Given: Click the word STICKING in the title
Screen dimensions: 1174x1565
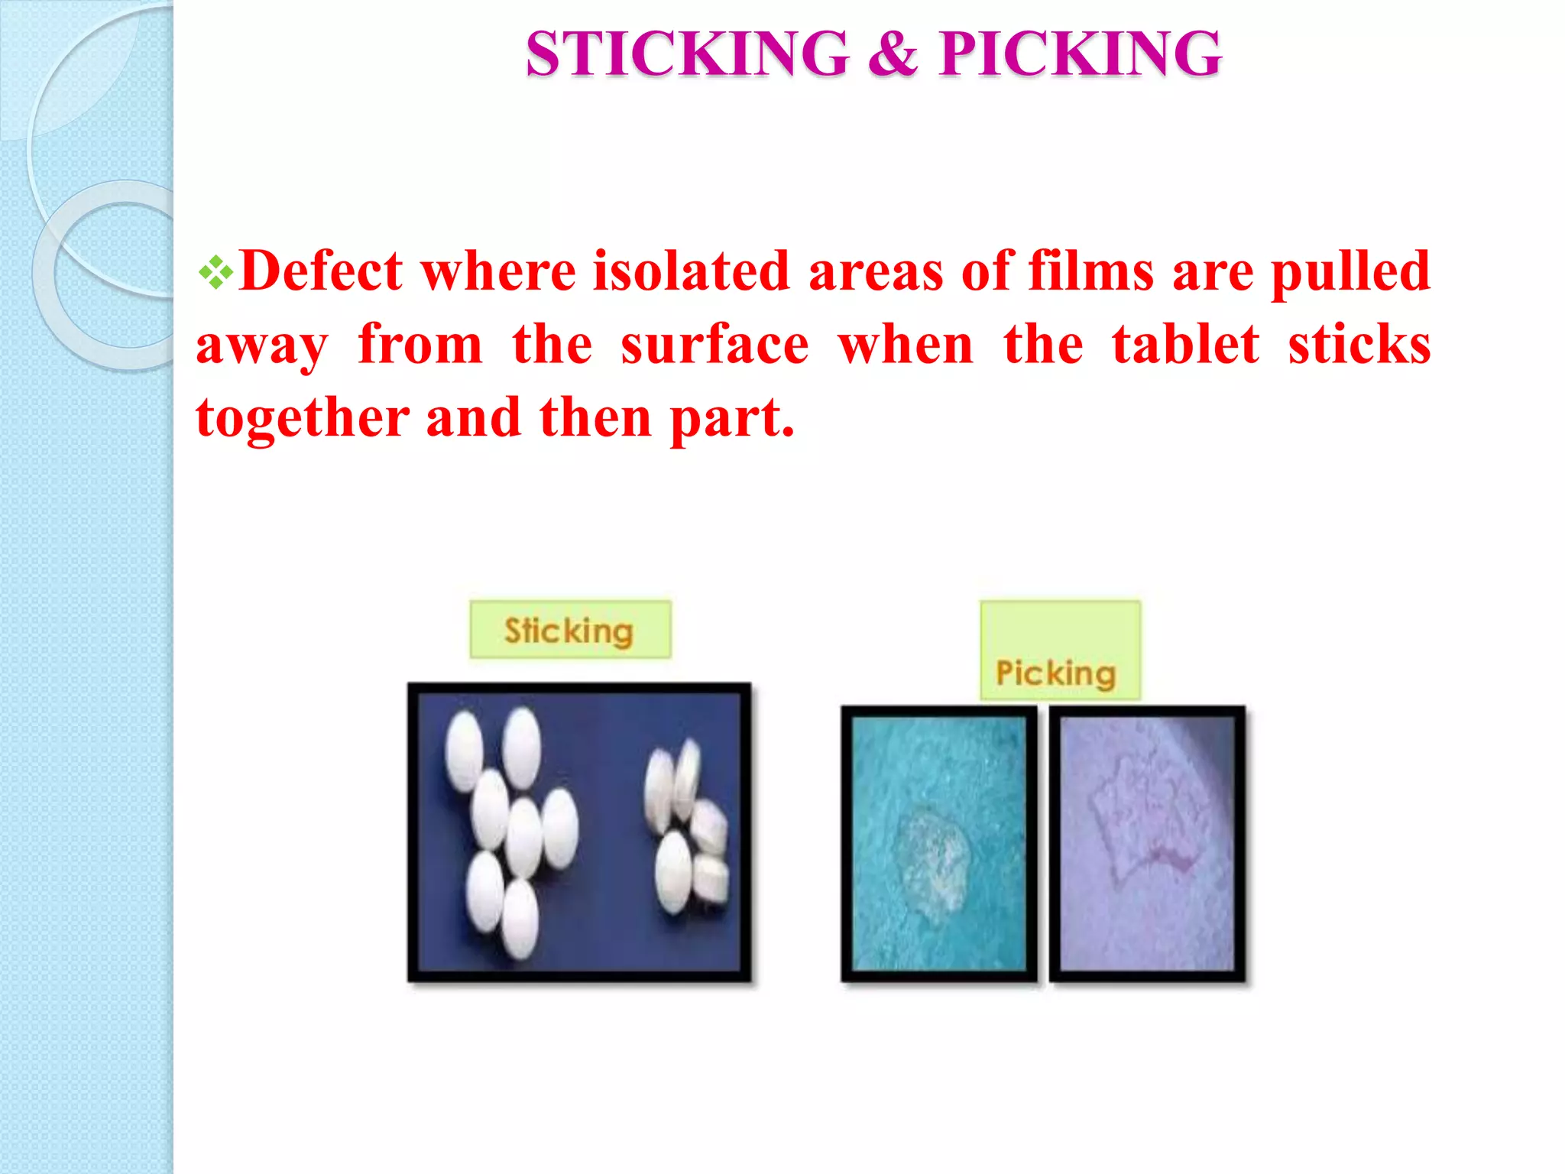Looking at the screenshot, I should click(687, 54).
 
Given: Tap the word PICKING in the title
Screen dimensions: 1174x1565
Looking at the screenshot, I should click(1081, 54).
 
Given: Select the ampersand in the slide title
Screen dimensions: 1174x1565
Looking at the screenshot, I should click(893, 54).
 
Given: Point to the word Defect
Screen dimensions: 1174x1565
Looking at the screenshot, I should click(321, 271).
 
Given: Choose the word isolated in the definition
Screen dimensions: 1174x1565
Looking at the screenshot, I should click(692, 271).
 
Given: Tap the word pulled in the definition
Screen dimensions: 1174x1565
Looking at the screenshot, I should click(1350, 271).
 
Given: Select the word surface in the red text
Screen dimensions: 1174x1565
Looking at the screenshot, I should click(714, 345).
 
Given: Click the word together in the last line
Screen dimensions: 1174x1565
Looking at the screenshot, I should click(303, 419).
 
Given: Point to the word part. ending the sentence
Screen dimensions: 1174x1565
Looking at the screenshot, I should click(732, 419).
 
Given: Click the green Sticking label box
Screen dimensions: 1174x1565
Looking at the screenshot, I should click(570, 630).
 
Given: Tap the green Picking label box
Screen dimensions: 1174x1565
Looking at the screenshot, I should click(1060, 650).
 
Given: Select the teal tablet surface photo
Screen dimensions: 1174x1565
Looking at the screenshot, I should click(939, 843).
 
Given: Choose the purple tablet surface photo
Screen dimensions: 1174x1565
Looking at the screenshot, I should click(1147, 843).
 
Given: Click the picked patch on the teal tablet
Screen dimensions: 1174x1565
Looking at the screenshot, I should click(932, 860).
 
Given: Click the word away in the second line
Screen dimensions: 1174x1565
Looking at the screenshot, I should click(262, 346).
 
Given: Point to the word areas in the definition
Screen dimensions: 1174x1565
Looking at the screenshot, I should click(876, 271).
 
